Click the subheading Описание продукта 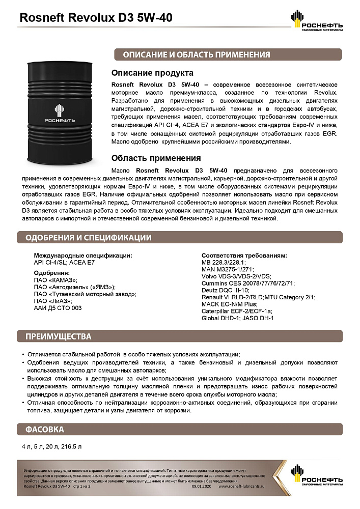152,73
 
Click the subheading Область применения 156,158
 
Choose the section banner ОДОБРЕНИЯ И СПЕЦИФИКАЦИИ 88,237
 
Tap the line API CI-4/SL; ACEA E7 64,263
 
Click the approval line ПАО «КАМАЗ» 56,279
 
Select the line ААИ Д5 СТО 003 58,308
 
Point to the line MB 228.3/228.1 224,262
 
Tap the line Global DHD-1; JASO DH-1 238,318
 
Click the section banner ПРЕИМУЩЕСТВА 59,337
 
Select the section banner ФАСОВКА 45,430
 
